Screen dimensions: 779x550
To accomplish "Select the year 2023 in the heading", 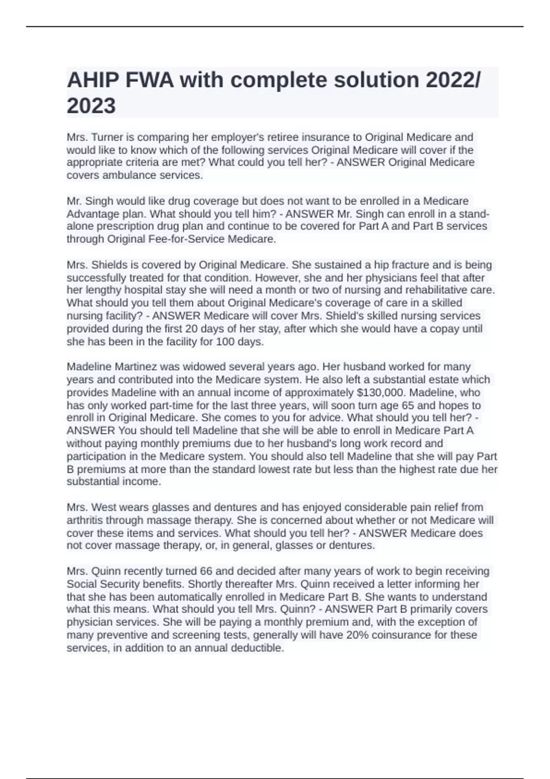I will [x=91, y=106].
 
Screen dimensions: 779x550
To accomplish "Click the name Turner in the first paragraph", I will [x=106, y=137].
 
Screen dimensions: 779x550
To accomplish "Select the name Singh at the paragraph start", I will [x=100, y=201].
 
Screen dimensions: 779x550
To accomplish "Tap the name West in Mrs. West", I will [x=103, y=507].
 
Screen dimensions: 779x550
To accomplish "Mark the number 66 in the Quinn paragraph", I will [x=206, y=571].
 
